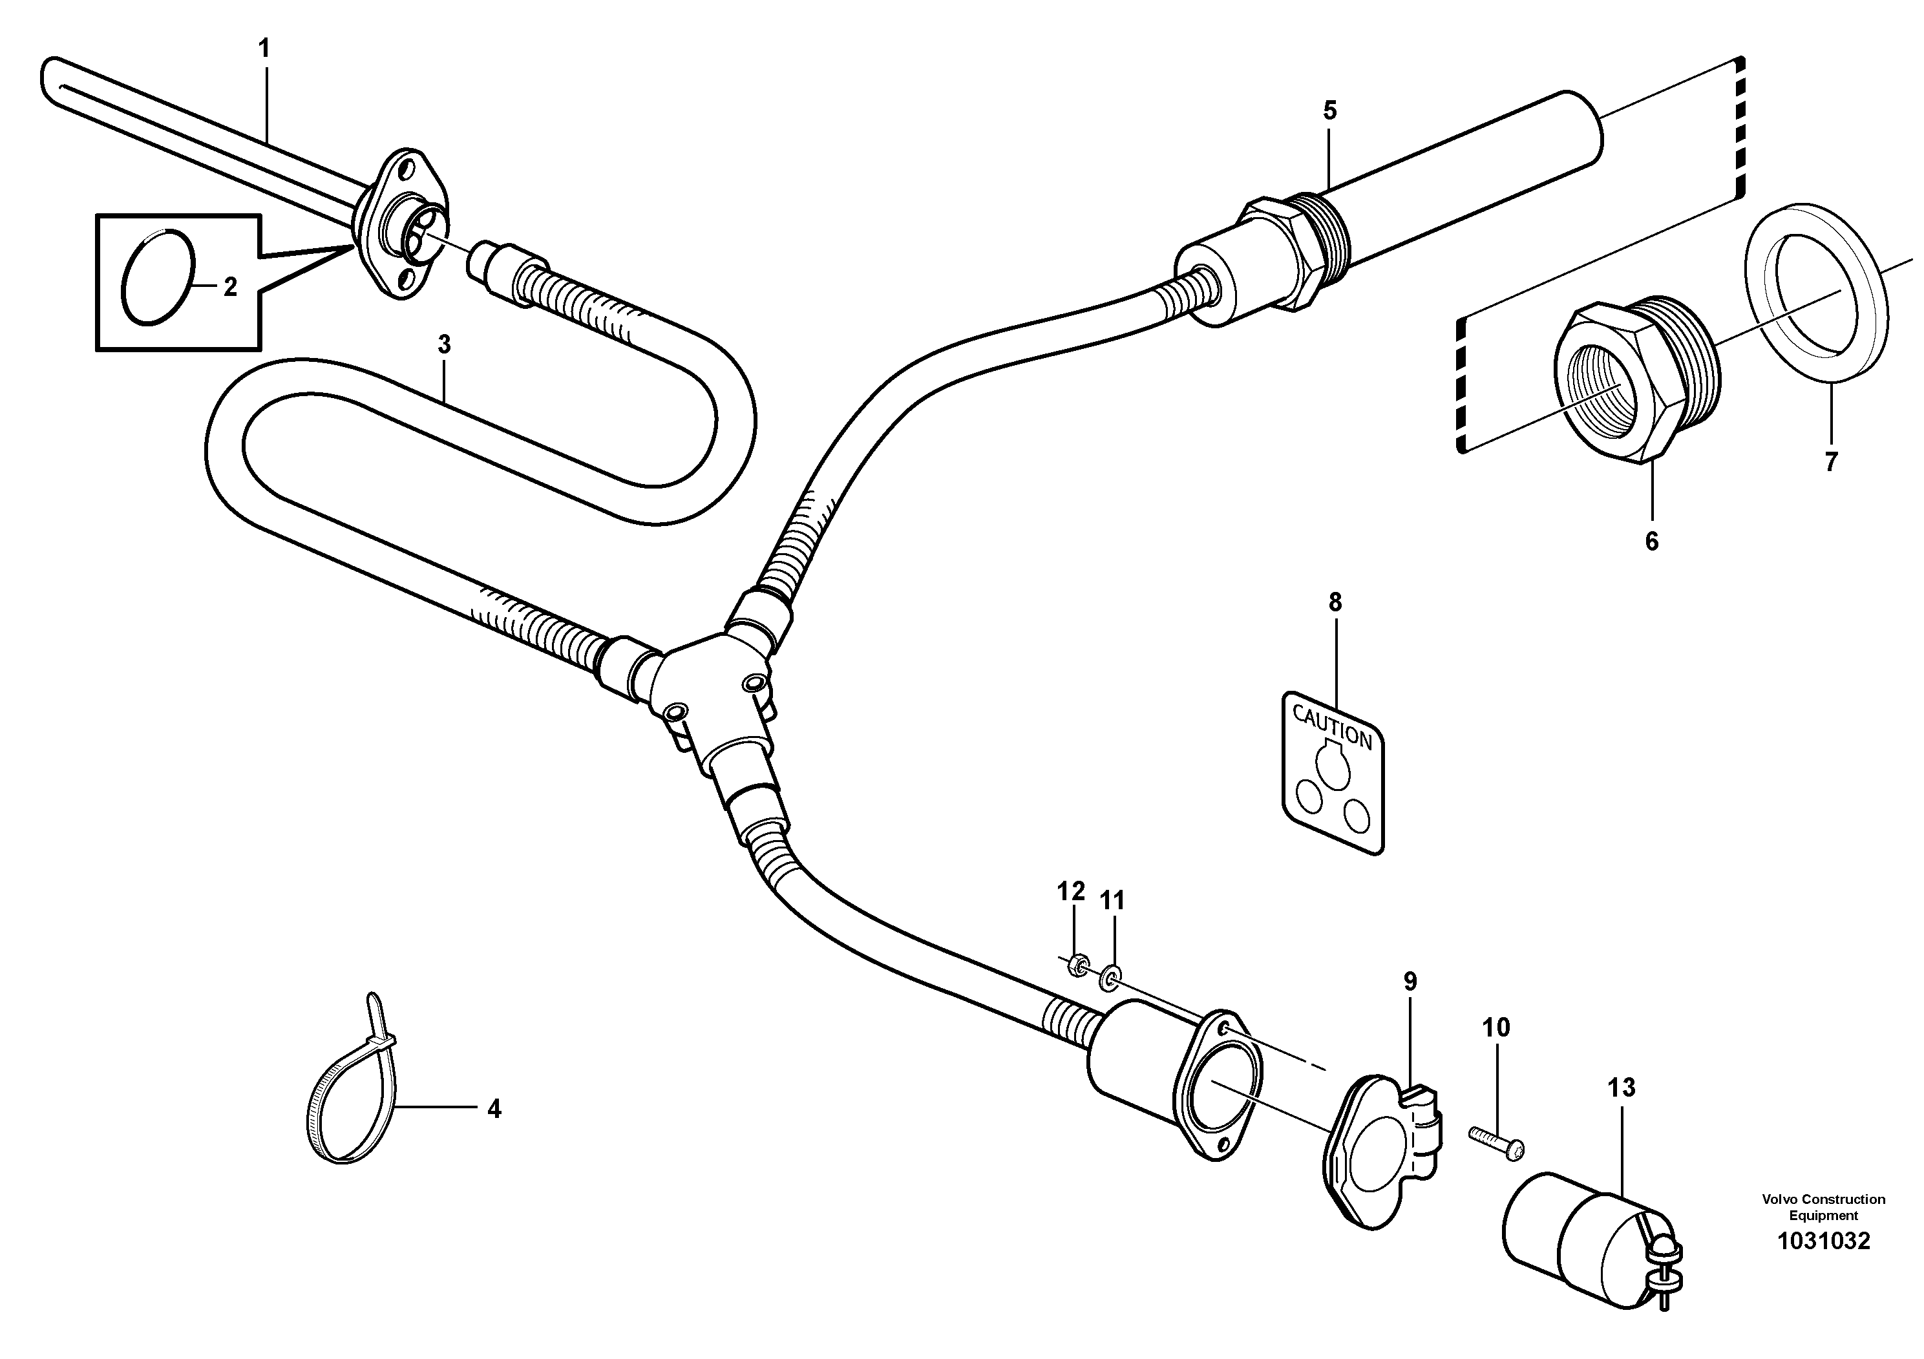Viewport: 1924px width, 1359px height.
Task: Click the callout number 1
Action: (265, 48)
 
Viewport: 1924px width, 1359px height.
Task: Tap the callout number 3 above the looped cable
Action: (444, 344)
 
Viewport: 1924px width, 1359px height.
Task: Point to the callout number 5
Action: (1330, 110)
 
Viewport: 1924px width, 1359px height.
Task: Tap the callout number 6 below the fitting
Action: (1651, 542)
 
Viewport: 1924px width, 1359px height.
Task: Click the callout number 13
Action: (1622, 1088)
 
